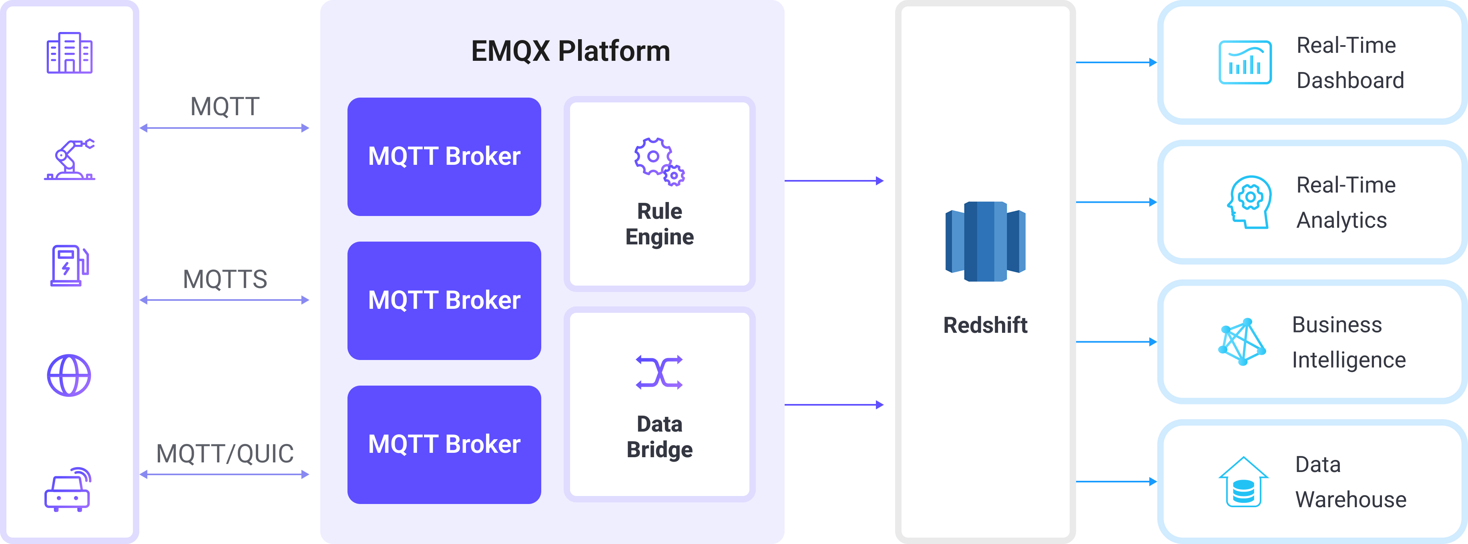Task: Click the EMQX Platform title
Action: [570, 51]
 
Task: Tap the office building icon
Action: [70, 53]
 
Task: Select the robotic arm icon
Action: [70, 160]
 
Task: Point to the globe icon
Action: [69, 375]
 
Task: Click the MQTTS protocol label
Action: [225, 279]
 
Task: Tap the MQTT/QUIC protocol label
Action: [225, 454]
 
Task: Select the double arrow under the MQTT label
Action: [225, 128]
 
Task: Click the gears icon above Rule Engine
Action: [659, 161]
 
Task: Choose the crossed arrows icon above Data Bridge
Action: [659, 372]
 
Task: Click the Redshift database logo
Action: [985, 242]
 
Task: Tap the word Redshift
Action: [985, 325]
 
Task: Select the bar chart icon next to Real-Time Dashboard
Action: [1245, 63]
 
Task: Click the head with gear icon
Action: [1249, 202]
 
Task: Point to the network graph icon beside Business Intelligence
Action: [1242, 342]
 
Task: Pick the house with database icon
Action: [1243, 482]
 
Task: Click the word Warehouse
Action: [1351, 500]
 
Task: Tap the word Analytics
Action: [1341, 220]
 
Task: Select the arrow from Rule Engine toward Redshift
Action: [834, 181]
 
